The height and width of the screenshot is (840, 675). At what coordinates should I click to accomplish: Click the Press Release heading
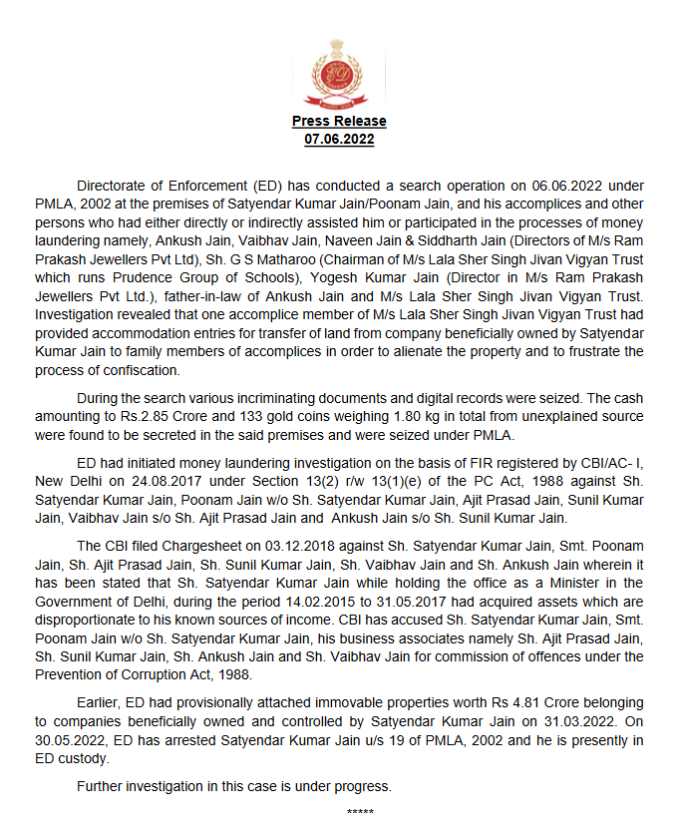339,121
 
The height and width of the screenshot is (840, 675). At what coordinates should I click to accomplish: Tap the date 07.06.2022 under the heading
339,139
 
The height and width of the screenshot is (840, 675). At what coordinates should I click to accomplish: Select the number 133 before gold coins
274,415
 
